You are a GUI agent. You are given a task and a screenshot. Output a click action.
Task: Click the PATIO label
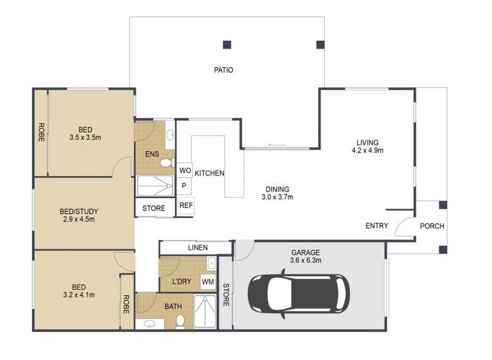coord(223,70)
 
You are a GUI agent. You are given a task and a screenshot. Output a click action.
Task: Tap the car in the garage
coord(299,294)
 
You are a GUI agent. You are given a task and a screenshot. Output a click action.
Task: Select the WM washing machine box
coord(208,281)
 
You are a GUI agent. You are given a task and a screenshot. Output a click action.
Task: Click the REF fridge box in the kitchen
coord(186,206)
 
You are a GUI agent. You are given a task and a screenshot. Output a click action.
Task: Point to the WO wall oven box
coord(185,170)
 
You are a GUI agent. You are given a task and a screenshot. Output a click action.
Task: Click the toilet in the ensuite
coord(167,163)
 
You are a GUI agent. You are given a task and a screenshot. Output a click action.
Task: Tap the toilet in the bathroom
coord(180,322)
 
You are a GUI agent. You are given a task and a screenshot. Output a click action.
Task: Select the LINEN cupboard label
coord(197,247)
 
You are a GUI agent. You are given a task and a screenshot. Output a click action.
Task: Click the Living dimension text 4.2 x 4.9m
coord(367,150)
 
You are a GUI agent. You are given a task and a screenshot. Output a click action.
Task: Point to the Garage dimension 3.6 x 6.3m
coord(306,260)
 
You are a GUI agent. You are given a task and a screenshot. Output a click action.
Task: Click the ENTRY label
coord(376,226)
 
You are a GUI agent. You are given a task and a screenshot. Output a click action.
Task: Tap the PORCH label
coord(432,226)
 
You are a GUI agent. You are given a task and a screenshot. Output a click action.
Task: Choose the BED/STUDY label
coord(79,212)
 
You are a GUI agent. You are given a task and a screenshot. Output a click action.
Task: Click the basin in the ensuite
coord(170,135)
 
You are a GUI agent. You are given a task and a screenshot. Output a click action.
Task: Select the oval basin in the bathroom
coord(150,324)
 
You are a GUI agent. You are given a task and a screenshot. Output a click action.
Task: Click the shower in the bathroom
coord(205,311)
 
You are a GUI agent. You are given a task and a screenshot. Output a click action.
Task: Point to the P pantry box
coord(184,186)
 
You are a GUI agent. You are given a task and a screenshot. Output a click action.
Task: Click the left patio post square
coord(227,44)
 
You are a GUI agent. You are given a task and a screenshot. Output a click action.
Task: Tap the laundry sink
coord(211,263)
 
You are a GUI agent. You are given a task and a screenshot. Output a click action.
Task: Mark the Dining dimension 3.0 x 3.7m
coord(277,197)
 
